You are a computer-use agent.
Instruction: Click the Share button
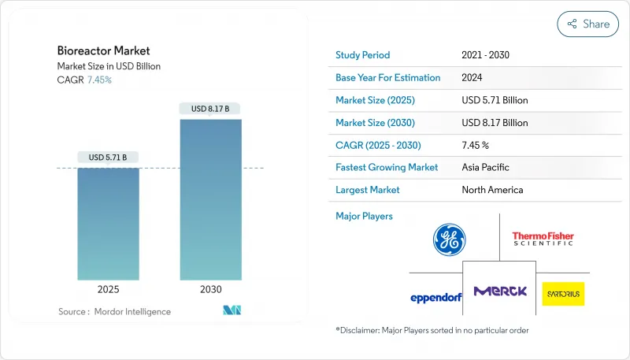(587, 24)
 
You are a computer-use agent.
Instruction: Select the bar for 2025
(109, 224)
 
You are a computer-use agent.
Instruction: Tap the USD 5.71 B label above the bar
(109, 158)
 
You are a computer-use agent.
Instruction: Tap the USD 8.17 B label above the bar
(210, 109)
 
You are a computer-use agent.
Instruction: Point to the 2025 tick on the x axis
(109, 289)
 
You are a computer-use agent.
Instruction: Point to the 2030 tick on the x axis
(210, 289)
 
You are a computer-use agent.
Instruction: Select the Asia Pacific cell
(485, 167)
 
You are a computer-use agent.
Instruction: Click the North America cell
(492, 190)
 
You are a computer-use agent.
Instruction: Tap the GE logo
(449, 239)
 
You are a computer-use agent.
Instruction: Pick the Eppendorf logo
(435, 297)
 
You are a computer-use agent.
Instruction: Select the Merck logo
(500, 291)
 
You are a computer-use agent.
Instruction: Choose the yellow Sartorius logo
(563, 294)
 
